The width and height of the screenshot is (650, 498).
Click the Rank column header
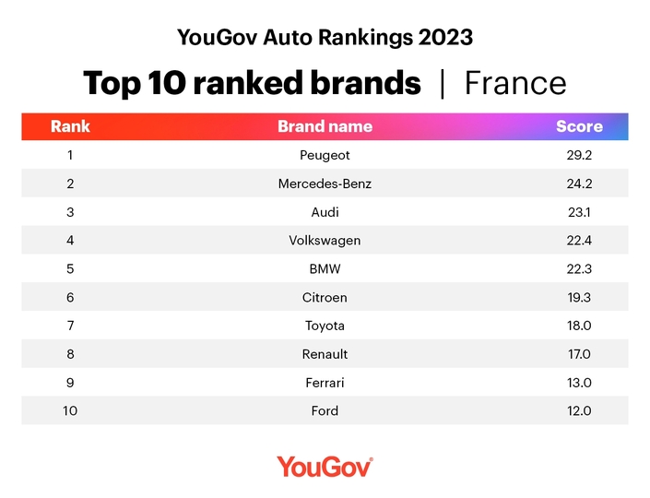[x=70, y=126]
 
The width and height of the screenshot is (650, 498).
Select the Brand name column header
[x=325, y=126]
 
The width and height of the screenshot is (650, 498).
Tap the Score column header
[x=579, y=126]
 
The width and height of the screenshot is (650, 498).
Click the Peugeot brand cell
[x=325, y=156]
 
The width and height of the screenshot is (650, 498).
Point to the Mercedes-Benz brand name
[x=325, y=184]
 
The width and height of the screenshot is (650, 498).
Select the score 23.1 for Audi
[x=579, y=212]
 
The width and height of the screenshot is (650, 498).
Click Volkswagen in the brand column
[x=325, y=241]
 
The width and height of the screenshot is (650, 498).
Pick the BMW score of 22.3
[x=579, y=269]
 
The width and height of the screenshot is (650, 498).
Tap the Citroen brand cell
[x=325, y=298]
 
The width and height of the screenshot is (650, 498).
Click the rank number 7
[x=70, y=326]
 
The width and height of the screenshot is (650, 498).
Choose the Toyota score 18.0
[x=579, y=326]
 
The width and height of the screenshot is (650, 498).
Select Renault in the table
[x=325, y=354]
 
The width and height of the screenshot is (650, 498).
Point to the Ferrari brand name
[x=325, y=383]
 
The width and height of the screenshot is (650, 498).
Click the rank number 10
[x=70, y=411]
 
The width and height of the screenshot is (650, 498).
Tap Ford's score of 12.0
[x=579, y=411]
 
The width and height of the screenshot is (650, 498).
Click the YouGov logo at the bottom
[x=325, y=467]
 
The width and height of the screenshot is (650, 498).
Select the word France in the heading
[x=515, y=83]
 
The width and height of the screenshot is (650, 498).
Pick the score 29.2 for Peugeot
[x=579, y=156]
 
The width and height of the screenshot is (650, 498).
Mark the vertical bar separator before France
[x=443, y=84]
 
